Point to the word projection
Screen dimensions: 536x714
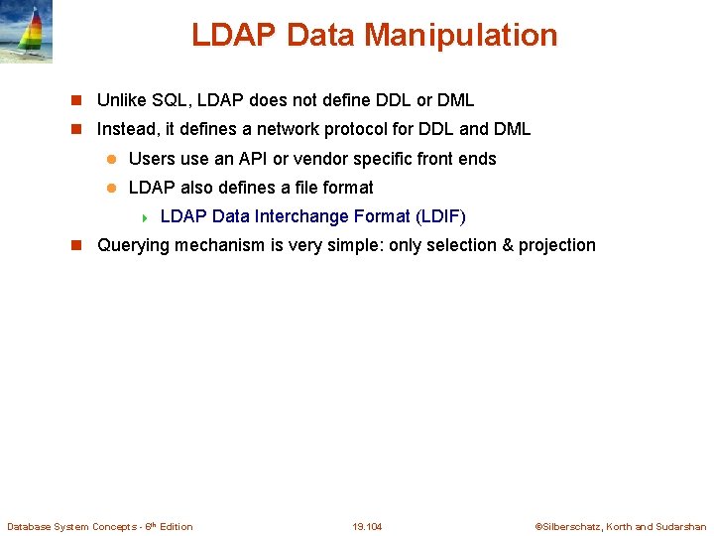(557, 245)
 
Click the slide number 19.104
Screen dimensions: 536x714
(367, 526)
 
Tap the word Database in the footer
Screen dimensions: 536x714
(30, 526)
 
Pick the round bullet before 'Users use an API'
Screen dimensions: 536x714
(112, 159)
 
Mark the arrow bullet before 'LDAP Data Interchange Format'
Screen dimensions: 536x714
(145, 217)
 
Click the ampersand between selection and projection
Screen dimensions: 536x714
(508, 245)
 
